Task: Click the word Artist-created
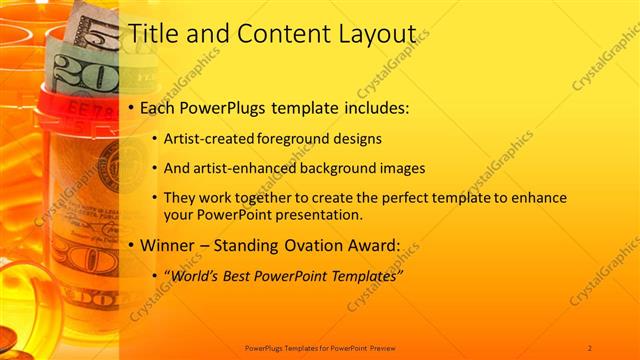pyautogui.click(x=208, y=138)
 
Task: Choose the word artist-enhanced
pyautogui.click(x=239, y=168)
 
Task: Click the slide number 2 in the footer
pyautogui.click(x=590, y=347)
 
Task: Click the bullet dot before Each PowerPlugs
pyautogui.click(x=132, y=108)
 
